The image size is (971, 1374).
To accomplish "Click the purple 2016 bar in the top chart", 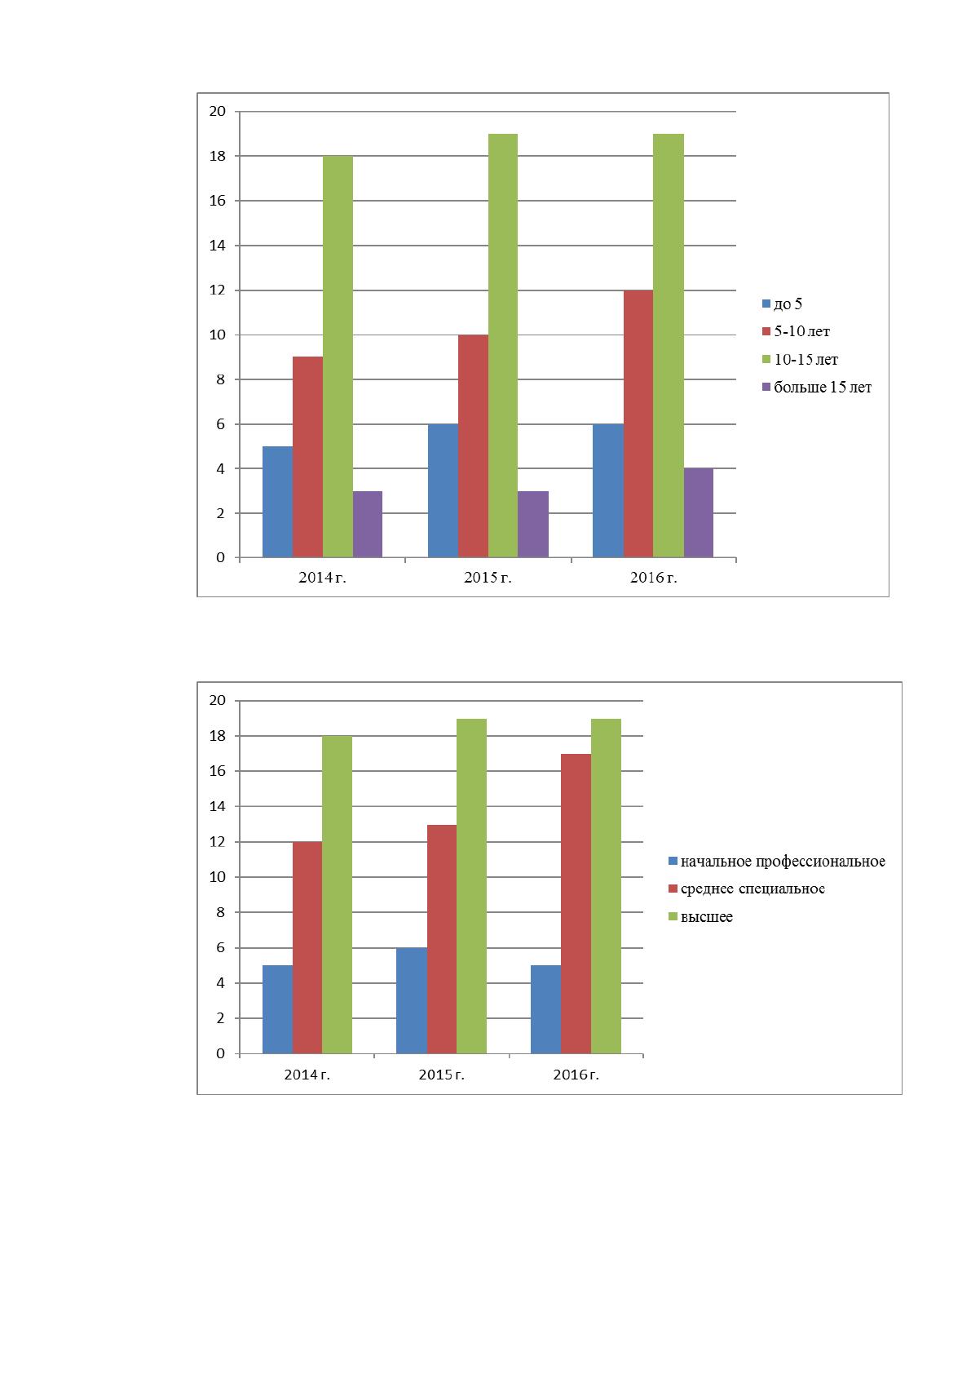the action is pos(698,512).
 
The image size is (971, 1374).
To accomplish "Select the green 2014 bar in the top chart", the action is pos(338,357).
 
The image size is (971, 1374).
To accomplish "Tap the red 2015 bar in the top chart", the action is pos(473,446).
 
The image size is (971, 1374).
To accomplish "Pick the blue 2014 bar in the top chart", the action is pos(278,502).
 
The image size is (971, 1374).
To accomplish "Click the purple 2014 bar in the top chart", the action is pos(368,525).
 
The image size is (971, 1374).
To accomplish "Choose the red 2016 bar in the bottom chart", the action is pos(576,903).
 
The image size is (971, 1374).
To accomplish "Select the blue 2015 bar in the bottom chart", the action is pos(412,1000).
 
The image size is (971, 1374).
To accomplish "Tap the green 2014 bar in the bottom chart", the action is pos(338,894).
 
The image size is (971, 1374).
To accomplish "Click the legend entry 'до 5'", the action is pos(782,304).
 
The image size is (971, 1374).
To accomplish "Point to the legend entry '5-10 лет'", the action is pos(796,331).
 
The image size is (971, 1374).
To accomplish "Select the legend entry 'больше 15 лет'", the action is pos(817,387).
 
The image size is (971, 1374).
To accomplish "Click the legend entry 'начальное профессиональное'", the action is pos(777,862).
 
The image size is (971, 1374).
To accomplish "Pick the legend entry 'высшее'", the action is pos(700,917).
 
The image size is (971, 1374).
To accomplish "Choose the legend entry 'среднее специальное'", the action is pos(747,889).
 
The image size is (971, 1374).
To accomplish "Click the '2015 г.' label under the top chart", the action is pos(488,577).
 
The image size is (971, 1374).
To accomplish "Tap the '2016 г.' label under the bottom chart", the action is pos(576,1075).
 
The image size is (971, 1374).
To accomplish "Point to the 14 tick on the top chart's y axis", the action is pos(218,246).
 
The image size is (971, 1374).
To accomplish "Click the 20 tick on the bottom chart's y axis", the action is pos(218,700).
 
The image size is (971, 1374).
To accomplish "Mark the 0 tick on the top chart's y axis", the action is pos(221,557).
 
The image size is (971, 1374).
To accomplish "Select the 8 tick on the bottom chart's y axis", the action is pos(221,912).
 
